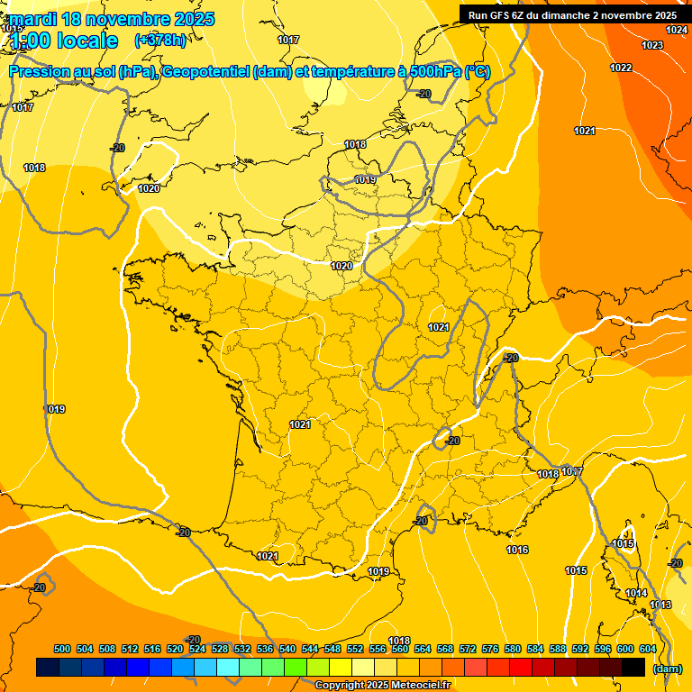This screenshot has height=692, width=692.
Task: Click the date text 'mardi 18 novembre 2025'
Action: [x=113, y=19]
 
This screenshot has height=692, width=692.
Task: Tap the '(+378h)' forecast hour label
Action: [x=159, y=40]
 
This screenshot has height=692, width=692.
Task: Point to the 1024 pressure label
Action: [x=677, y=30]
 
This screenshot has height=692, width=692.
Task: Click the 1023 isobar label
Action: [x=652, y=45]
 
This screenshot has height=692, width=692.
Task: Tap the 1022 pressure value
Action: [x=621, y=68]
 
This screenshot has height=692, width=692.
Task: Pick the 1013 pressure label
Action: [x=660, y=605]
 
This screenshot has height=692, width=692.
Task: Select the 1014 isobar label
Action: [x=636, y=593]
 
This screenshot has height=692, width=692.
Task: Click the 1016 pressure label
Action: [x=517, y=550]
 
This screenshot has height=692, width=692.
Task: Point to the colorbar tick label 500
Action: [x=62, y=649]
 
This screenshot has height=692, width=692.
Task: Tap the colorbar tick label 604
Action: [x=648, y=649]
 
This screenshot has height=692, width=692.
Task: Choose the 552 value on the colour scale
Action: [x=355, y=649]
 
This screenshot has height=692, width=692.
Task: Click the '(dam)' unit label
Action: [x=667, y=669]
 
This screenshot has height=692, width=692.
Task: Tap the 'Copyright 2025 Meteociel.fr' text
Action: [x=383, y=685]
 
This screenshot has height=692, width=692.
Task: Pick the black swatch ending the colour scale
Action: [x=633, y=667]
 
